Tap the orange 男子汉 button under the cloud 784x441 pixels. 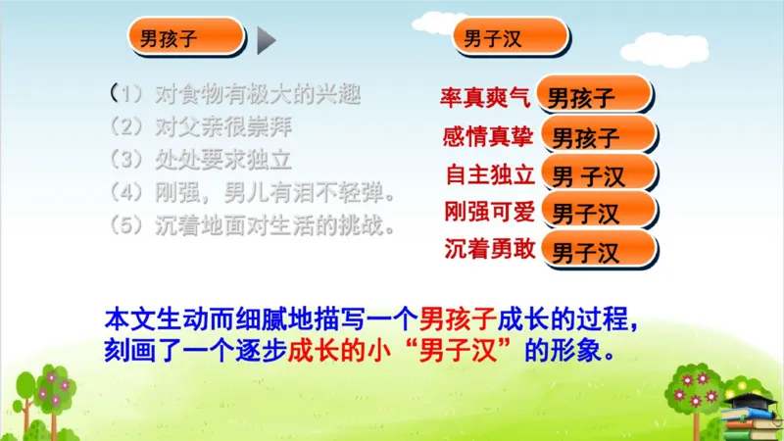(511, 37)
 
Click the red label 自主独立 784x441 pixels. (489, 174)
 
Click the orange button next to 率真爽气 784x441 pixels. (595, 96)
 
